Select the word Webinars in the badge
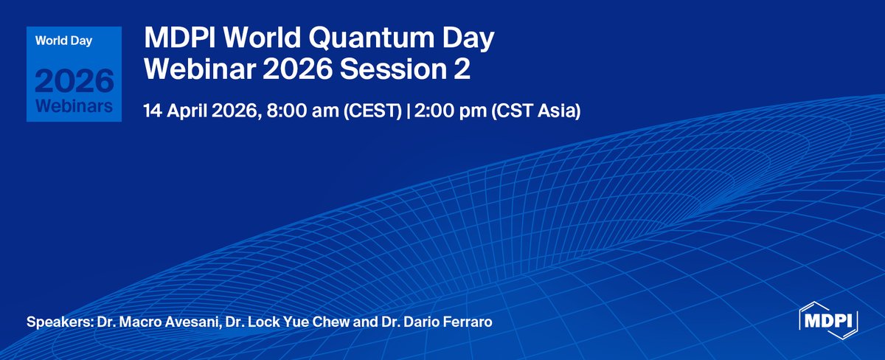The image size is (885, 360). pyautogui.click(x=73, y=106)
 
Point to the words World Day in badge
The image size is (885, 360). pyautogui.click(x=62, y=40)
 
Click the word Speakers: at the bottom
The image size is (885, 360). pyautogui.click(x=58, y=323)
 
